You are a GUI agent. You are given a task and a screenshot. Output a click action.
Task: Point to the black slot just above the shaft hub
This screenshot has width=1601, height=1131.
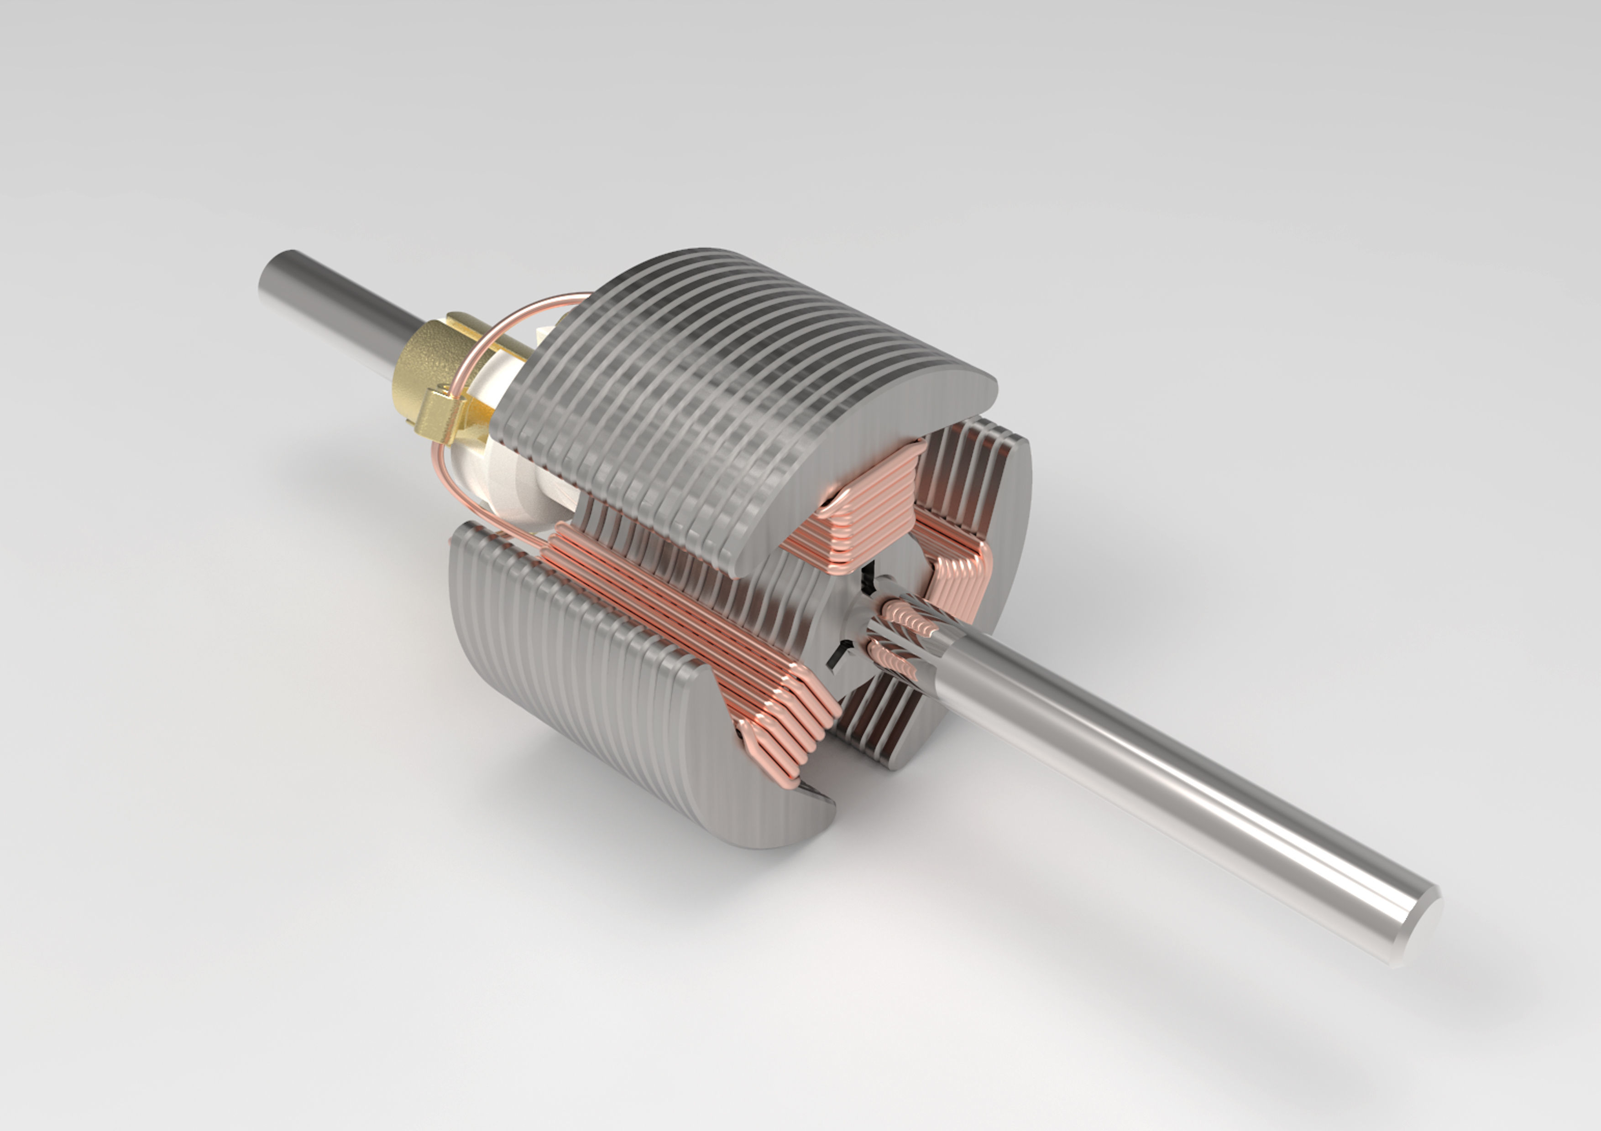pos(868,578)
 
